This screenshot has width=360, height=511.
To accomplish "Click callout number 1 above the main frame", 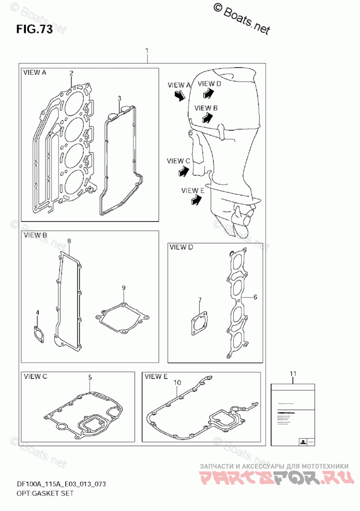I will point(147,52).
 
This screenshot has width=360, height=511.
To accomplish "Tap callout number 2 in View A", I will point(71,73).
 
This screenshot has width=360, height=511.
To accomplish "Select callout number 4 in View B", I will point(37,313).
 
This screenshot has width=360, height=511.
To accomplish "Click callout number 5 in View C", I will point(89,378).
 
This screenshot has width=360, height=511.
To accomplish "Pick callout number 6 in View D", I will point(255,297).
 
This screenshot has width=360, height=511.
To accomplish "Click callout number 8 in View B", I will point(69,242).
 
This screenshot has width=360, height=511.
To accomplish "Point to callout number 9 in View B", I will point(124,288).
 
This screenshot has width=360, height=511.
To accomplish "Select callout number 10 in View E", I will point(177,383).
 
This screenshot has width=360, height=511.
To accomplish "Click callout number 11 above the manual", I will point(293,373).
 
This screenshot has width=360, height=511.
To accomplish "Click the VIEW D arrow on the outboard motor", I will point(207,93).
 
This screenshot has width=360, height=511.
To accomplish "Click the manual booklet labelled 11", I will point(293,414).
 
